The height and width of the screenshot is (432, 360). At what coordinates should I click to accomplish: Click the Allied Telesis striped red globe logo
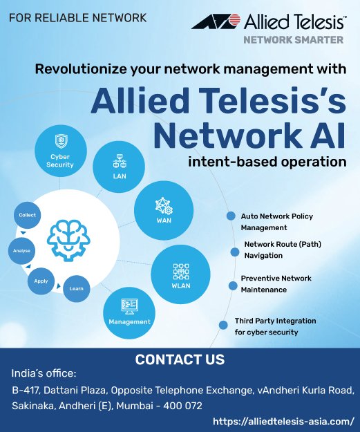click(216, 21)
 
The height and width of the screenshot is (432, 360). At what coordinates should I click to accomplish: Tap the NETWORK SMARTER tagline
click(294, 40)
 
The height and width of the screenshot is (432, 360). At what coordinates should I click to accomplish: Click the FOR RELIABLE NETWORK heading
click(77, 18)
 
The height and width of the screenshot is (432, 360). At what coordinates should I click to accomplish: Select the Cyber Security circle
click(61, 151)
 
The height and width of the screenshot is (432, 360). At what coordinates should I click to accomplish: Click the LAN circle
click(119, 167)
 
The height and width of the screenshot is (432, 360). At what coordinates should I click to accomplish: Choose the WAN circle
click(164, 210)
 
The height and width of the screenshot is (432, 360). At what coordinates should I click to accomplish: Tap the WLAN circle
click(180, 274)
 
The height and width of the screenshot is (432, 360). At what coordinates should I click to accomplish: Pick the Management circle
click(129, 312)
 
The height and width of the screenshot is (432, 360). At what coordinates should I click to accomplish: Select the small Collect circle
click(27, 215)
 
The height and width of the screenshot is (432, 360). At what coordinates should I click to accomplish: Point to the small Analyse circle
click(21, 251)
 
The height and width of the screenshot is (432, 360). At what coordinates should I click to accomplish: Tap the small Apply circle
click(41, 281)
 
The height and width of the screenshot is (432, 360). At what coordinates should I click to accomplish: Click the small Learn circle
click(76, 288)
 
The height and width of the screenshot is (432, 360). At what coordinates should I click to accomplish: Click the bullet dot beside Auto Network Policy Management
click(231, 216)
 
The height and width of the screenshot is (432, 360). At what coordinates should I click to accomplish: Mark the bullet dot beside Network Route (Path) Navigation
click(235, 252)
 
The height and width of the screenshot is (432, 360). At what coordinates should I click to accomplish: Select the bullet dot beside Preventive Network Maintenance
click(233, 286)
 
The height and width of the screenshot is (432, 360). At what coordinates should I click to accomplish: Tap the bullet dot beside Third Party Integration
click(223, 325)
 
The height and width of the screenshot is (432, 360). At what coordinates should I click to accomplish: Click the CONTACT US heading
click(180, 359)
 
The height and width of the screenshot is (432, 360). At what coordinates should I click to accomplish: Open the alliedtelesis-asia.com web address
click(283, 421)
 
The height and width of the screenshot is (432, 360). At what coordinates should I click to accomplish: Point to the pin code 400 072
click(182, 406)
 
